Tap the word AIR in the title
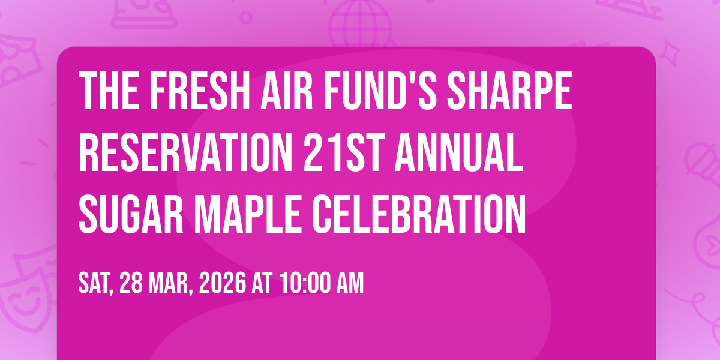click(x=286, y=91)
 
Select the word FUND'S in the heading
click(x=380, y=91)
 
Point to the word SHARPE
click(x=509, y=91)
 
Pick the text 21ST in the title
click(x=344, y=152)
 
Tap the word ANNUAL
click(x=459, y=152)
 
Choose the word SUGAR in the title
click(x=131, y=214)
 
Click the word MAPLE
click(x=247, y=214)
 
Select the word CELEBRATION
click(x=419, y=214)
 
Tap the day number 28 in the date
click(x=131, y=283)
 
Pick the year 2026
click(x=223, y=283)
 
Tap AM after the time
click(x=350, y=283)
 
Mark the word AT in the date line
click(x=262, y=283)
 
